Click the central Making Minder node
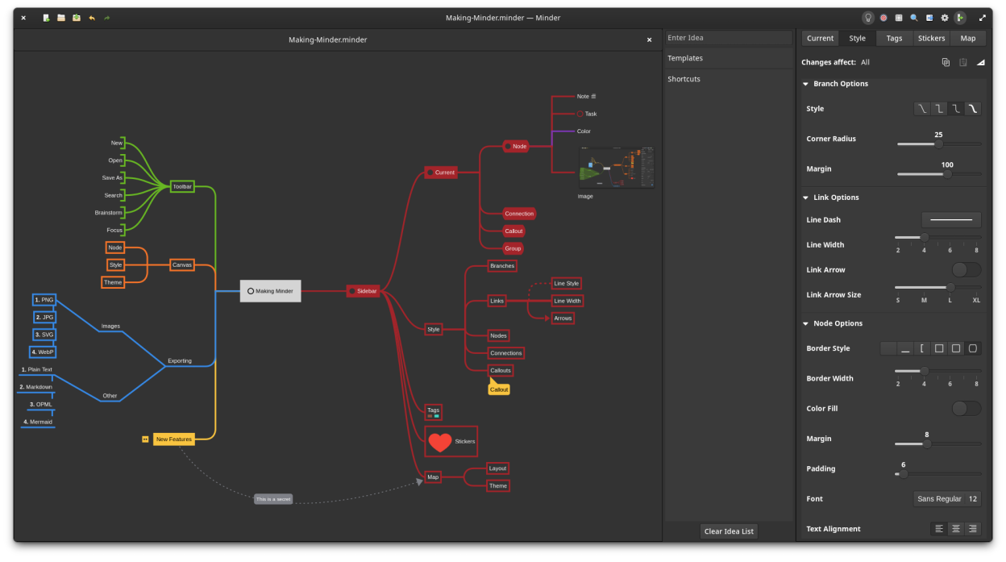pos(270,291)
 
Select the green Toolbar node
pos(182,186)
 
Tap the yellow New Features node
pos(173,439)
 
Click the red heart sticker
pos(440,442)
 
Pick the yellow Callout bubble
pos(499,389)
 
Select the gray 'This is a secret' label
pos(272,499)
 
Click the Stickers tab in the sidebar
pos(931,38)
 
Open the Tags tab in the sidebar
pos(894,38)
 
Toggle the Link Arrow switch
pos(966,270)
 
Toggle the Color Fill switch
pos(966,409)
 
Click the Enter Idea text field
pos(728,38)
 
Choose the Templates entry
pos(685,58)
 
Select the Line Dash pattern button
pos(951,219)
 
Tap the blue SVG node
pos(44,335)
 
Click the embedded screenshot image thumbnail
pos(616,168)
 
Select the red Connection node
pos(519,214)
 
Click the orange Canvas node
pos(182,265)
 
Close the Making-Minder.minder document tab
pos(649,40)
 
